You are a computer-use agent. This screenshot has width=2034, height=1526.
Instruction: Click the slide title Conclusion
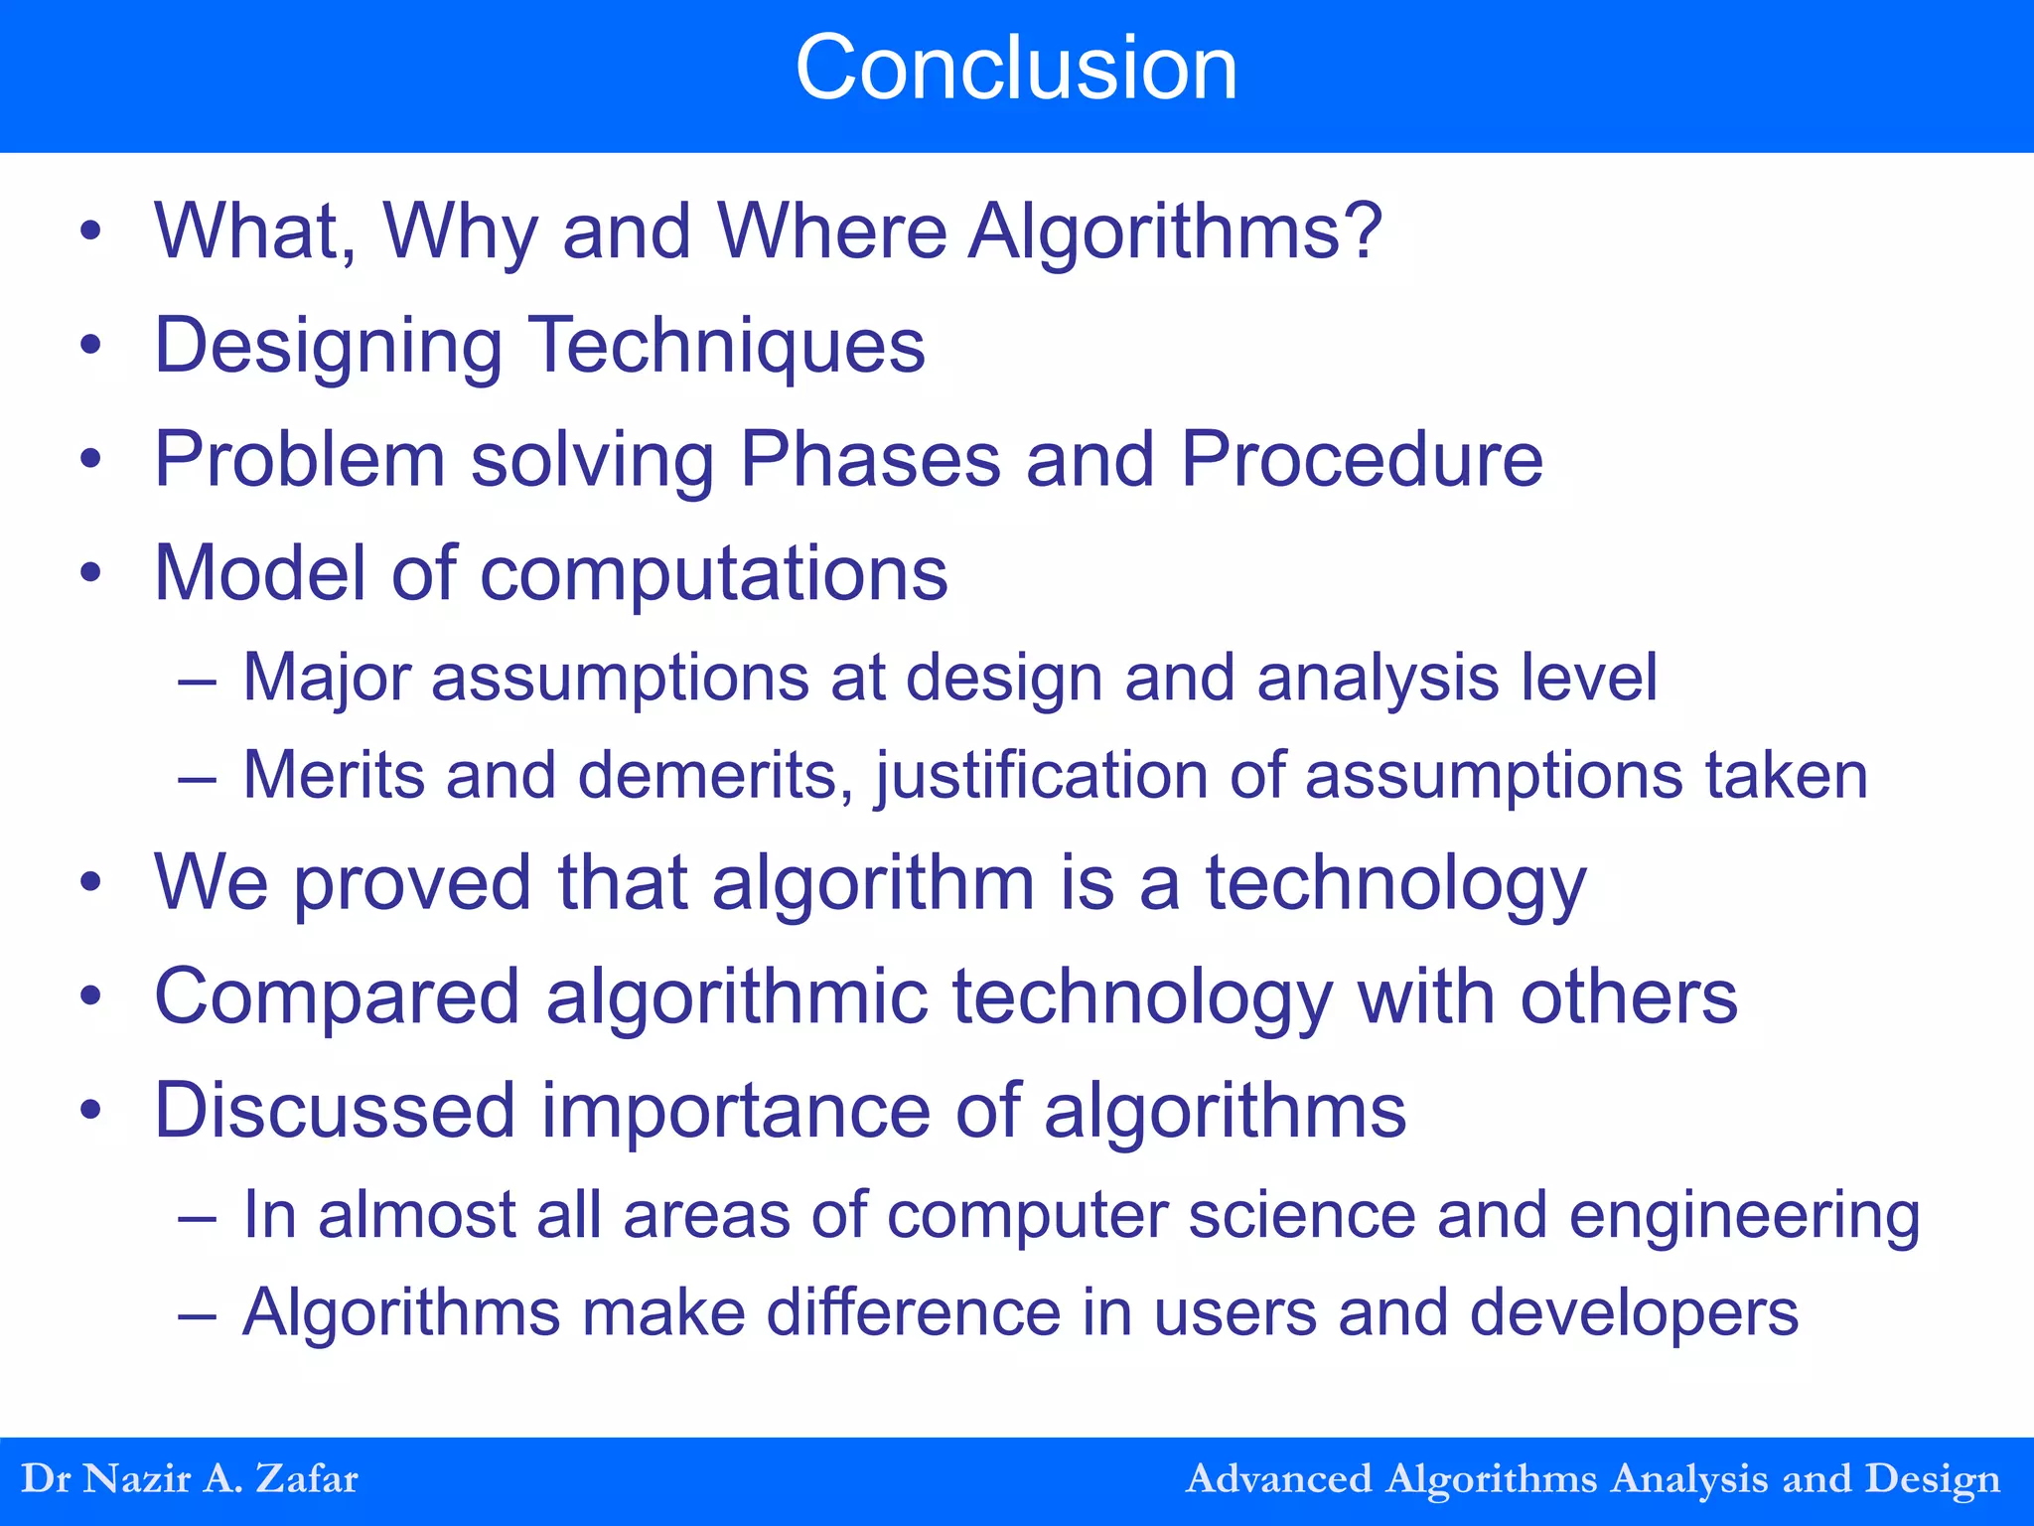tap(1016, 68)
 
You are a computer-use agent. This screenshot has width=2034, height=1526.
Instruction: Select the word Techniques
tap(726, 346)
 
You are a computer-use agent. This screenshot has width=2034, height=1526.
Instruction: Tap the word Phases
tap(870, 460)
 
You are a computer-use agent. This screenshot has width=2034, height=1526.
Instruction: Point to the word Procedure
tap(1362, 460)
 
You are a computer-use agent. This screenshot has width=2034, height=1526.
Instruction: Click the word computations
tap(714, 574)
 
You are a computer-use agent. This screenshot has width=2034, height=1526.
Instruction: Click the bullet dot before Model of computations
tap(91, 573)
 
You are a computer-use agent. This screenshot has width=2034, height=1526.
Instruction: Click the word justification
tap(1041, 775)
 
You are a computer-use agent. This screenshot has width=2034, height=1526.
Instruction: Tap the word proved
tap(412, 883)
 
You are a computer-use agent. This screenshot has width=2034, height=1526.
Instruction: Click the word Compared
tap(337, 997)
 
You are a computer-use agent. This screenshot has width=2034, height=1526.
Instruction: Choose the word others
tap(1629, 996)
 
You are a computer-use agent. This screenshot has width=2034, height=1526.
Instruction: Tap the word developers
tap(1634, 1313)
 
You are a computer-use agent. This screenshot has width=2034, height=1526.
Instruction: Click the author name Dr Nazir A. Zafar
tap(190, 1478)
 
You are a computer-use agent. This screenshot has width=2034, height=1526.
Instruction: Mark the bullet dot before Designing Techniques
tap(91, 346)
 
